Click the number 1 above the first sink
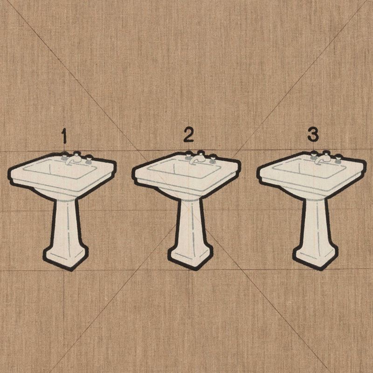click(63, 136)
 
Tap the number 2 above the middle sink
click(189, 135)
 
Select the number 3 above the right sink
click(313, 134)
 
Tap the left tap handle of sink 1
click(64, 158)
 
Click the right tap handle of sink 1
click(89, 159)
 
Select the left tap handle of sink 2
click(188, 157)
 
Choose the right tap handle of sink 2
click(213, 159)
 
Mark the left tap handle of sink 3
click(313, 156)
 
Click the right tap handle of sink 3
click(338, 159)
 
